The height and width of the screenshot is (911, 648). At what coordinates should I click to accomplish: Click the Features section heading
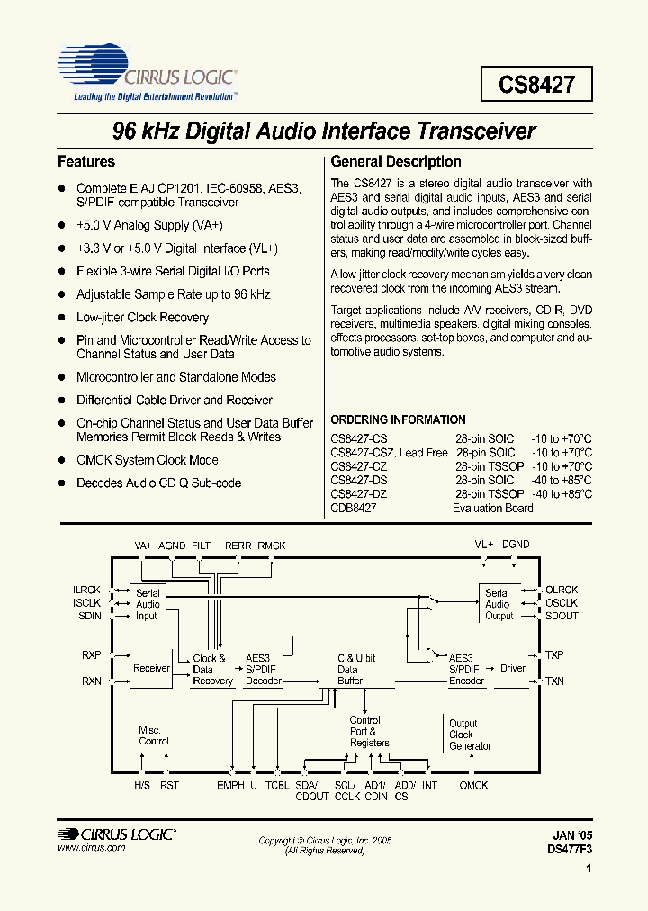[86, 162]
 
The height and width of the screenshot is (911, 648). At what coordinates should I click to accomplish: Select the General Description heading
[396, 162]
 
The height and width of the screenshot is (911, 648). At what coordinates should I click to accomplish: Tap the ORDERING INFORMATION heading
[398, 419]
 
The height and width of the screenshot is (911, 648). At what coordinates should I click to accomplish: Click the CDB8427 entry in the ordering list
[353, 508]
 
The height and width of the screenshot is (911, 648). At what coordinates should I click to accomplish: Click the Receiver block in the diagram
[151, 668]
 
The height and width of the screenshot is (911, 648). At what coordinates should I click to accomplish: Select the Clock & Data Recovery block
[212, 670]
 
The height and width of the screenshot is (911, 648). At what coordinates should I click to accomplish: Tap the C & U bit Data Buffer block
[356, 670]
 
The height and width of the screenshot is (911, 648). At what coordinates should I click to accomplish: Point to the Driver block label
[513, 668]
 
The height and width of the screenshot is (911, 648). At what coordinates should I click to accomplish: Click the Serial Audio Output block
[499, 604]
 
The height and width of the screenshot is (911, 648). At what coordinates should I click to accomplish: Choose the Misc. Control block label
[153, 735]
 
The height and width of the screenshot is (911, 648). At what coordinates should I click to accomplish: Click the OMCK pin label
[473, 786]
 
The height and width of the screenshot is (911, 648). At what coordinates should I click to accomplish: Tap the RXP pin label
[92, 655]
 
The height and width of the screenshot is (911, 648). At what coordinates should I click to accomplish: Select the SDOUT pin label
[562, 616]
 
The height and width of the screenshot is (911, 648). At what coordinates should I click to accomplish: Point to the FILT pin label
[201, 545]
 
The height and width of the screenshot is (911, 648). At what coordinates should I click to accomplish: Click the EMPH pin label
[230, 786]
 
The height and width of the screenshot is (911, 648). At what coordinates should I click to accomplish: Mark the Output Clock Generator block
[470, 735]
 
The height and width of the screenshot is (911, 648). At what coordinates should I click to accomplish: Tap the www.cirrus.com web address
[91, 848]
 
